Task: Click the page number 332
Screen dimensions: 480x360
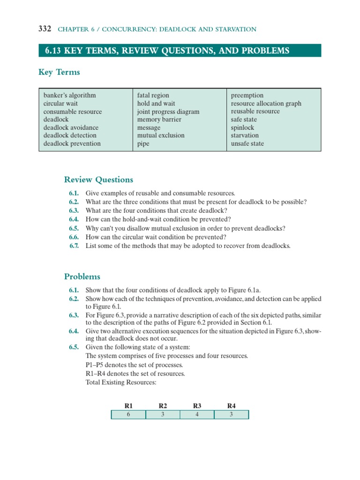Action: click(x=45, y=29)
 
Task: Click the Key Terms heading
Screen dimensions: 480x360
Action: click(x=59, y=72)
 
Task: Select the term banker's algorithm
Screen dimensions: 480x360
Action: click(x=69, y=95)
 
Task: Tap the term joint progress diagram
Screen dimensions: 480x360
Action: click(x=168, y=112)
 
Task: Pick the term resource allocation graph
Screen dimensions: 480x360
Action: click(x=266, y=104)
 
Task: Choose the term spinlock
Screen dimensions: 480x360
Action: click(x=242, y=127)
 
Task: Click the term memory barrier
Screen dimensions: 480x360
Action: click(x=159, y=120)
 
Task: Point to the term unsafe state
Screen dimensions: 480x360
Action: click(x=247, y=144)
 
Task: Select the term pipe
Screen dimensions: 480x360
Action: click(x=143, y=144)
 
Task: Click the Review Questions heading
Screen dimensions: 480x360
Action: click(x=98, y=180)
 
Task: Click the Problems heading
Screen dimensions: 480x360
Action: click(x=82, y=277)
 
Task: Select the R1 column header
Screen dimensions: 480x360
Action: click(x=128, y=405)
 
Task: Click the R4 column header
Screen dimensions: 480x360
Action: click(x=232, y=405)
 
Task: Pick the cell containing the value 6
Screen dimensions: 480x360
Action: click(x=128, y=415)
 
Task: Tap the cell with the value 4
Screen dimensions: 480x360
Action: click(x=197, y=415)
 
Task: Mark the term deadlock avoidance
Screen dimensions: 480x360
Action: click(x=71, y=127)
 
